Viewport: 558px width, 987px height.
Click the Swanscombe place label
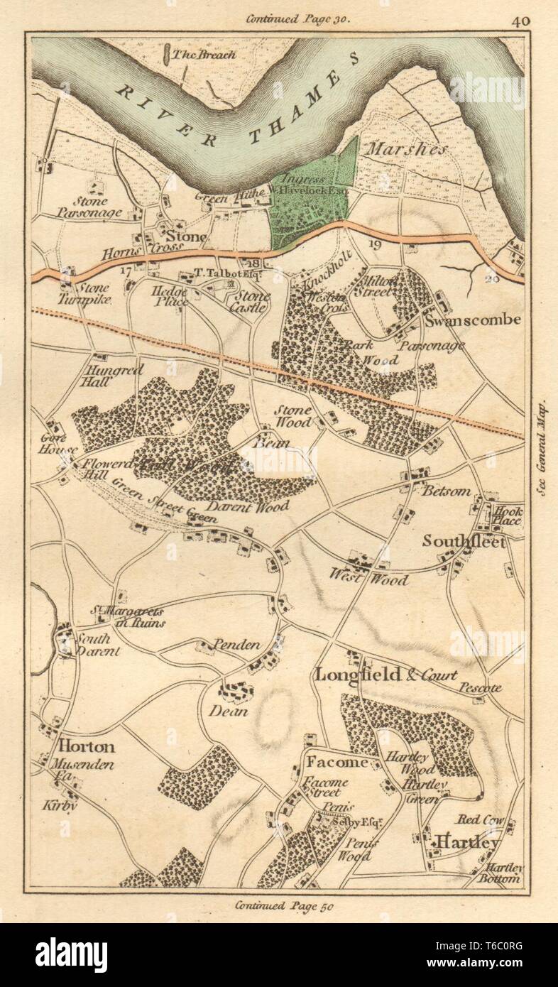tap(474, 320)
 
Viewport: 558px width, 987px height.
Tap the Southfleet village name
tap(464, 541)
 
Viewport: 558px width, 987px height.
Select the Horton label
tap(87, 746)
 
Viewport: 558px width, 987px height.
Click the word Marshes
tap(406, 150)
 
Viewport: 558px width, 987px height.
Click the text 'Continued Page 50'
tap(283, 905)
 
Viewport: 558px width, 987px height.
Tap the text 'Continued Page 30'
tap(297, 19)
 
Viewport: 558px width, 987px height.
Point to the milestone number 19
tap(375, 245)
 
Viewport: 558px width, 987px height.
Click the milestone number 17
tap(126, 271)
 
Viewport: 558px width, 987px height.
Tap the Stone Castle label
tap(249, 302)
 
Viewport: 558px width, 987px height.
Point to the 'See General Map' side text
tap(545, 447)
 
